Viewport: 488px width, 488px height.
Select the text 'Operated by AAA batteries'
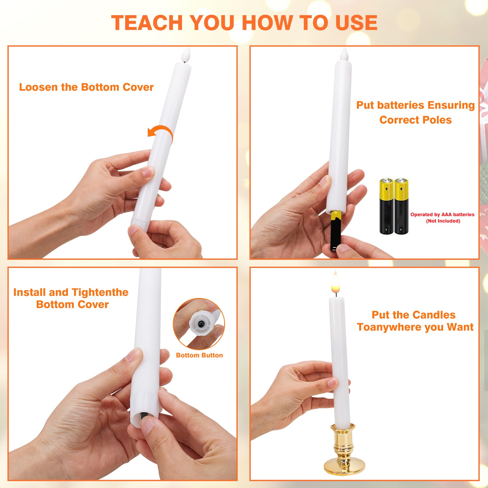pyautogui.click(x=442, y=214)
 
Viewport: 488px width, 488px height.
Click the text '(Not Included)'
pyautogui.click(x=443, y=221)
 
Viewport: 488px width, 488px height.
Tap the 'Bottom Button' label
pyautogui.click(x=199, y=355)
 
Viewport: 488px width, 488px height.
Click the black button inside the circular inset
pyautogui.click(x=201, y=324)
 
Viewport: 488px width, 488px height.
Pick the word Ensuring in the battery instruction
pyautogui.click(x=451, y=105)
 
